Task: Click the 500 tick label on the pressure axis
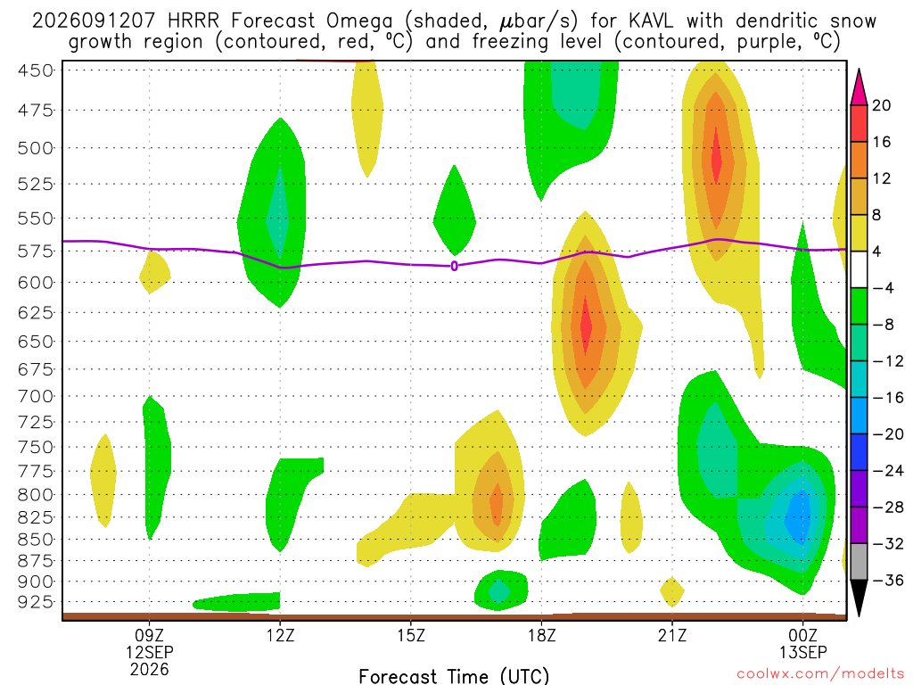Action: point(35,148)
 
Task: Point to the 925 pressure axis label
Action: point(35,601)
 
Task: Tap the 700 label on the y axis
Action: point(35,396)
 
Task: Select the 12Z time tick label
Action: point(280,635)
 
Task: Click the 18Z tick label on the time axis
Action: point(541,635)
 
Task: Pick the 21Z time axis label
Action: point(672,635)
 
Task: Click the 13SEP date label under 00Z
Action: point(803,652)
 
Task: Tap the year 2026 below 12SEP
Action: point(150,670)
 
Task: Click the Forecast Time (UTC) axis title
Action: point(454,676)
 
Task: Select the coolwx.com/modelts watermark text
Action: point(820,674)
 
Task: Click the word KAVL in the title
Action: point(651,21)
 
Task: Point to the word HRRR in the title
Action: point(193,21)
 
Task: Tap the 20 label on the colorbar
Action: point(881,105)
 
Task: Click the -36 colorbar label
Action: point(887,580)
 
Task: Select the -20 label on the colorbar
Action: point(887,434)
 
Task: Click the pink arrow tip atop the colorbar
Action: point(859,70)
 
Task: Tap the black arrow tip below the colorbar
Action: point(859,615)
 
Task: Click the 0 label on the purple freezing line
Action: point(454,266)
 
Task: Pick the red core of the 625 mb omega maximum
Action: point(587,326)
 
